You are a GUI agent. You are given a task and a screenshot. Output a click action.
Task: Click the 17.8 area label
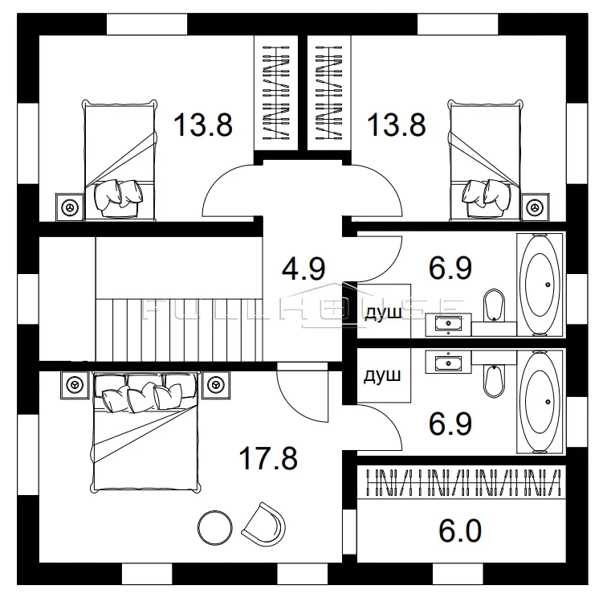pyautogui.click(x=268, y=458)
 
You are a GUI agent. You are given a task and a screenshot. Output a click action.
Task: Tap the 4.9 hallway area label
pyautogui.click(x=303, y=268)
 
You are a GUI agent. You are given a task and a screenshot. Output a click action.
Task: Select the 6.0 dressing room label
pyautogui.click(x=460, y=530)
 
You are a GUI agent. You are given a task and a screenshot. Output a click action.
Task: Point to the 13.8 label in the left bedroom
pyautogui.click(x=203, y=125)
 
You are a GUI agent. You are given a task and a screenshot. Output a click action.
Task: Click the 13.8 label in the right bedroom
pyautogui.click(x=396, y=125)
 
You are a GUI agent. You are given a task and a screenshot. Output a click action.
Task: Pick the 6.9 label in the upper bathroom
pyautogui.click(x=450, y=268)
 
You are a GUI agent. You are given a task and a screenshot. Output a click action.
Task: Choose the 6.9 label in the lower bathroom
pyautogui.click(x=450, y=424)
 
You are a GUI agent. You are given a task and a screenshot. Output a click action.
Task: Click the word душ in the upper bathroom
pyautogui.click(x=383, y=313)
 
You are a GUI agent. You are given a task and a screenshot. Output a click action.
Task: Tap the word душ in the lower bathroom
pyautogui.click(x=382, y=375)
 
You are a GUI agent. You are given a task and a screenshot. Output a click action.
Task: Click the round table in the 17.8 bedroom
pyautogui.click(x=215, y=527)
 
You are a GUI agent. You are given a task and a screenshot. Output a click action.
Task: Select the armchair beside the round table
pyautogui.click(x=263, y=524)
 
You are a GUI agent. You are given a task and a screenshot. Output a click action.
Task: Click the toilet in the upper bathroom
pyautogui.click(x=495, y=305)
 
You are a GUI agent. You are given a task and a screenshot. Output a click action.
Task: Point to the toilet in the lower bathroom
pyautogui.click(x=495, y=381)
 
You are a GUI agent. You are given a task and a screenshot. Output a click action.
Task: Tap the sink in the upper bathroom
pyautogui.click(x=448, y=325)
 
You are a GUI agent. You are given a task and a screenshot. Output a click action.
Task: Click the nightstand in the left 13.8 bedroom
pyautogui.click(x=70, y=207)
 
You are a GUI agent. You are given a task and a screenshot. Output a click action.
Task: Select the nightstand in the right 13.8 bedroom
pyautogui.click(x=535, y=207)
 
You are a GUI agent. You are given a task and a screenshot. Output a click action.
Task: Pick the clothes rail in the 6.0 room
pyautogui.click(x=463, y=482)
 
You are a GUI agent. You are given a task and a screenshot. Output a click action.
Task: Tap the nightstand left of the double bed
pyautogui.click(x=75, y=385)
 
